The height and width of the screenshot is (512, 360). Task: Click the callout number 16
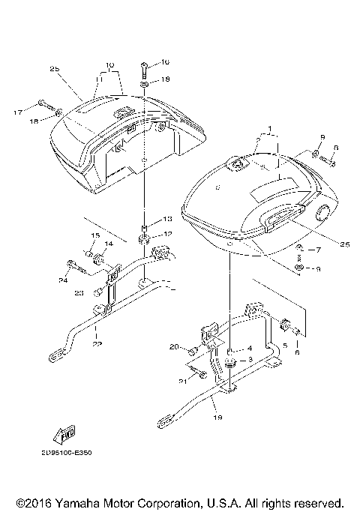(x=166, y=62)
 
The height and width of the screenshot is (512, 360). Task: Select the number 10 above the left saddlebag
(x=109, y=65)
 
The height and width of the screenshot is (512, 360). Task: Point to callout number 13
(x=166, y=219)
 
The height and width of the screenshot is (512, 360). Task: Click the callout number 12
(x=166, y=234)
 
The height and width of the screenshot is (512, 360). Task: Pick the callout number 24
(x=63, y=280)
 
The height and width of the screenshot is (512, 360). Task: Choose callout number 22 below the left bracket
(x=97, y=344)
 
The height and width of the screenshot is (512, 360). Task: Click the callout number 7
(x=317, y=249)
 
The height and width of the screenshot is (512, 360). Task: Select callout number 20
(x=174, y=346)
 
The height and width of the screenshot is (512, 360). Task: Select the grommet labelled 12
(x=143, y=240)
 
